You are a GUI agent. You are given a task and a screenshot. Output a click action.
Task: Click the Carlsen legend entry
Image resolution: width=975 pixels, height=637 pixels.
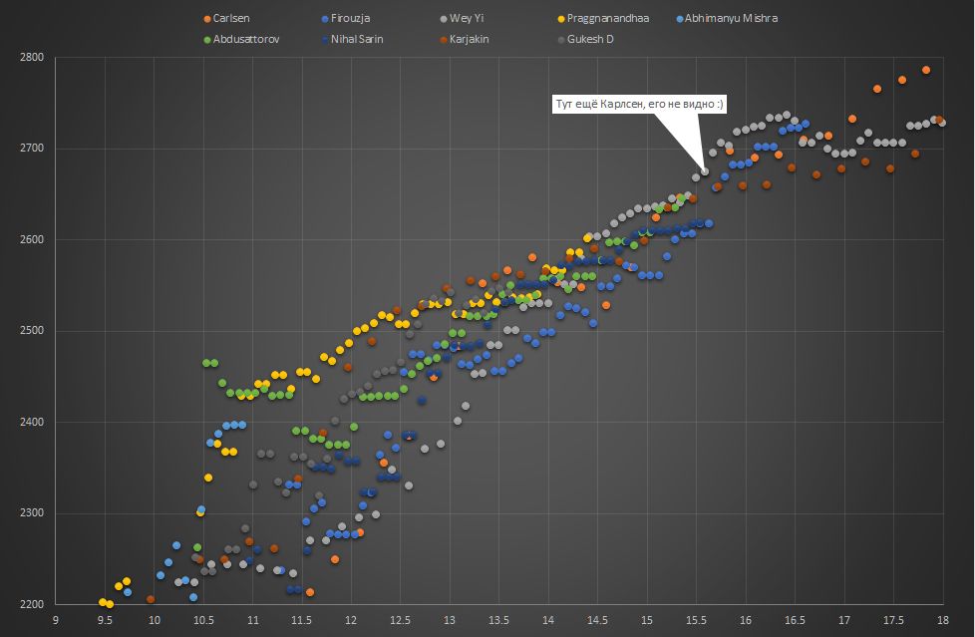point(230,19)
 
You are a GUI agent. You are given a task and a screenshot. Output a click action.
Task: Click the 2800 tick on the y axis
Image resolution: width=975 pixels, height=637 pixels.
point(31,58)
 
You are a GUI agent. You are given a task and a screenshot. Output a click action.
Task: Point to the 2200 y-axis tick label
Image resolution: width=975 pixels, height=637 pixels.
point(31,605)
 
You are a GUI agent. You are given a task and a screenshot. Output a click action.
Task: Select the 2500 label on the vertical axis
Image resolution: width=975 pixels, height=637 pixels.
point(31,331)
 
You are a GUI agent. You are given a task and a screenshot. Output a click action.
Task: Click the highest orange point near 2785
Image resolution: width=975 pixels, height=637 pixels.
point(926,70)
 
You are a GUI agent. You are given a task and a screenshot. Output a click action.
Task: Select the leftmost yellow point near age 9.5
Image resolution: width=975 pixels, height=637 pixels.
point(102,602)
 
